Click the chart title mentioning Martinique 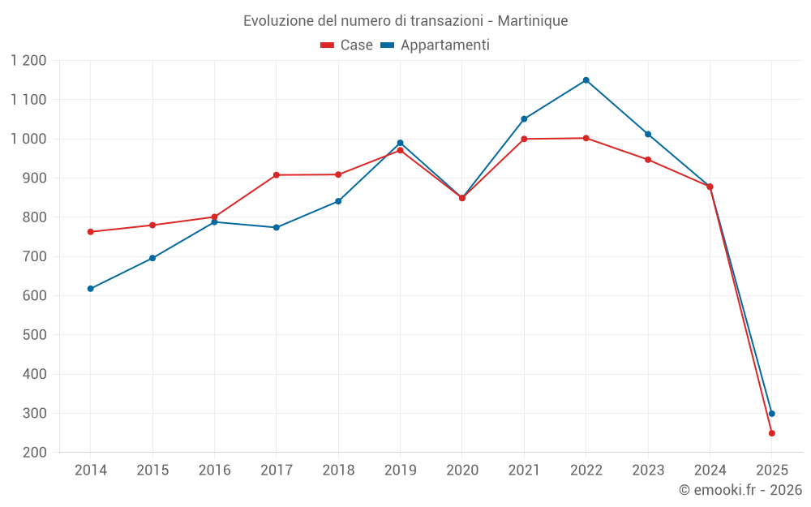pyautogui.click(x=405, y=20)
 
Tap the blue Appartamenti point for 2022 pyautogui.click(x=586, y=80)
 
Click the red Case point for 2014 pyautogui.click(x=90, y=232)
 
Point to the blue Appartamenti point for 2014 pyautogui.click(x=90, y=289)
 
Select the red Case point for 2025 pyautogui.click(x=771, y=433)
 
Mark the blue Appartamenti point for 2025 pyautogui.click(x=771, y=414)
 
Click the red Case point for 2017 pyautogui.click(x=276, y=175)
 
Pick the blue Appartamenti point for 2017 pyautogui.click(x=276, y=227)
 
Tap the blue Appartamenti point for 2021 pyautogui.click(x=524, y=119)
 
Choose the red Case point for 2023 pyautogui.click(x=648, y=160)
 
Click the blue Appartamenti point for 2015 pyautogui.click(x=152, y=258)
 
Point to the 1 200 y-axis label pyautogui.click(x=29, y=61)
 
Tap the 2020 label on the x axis pyautogui.click(x=462, y=470)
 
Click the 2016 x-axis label pyautogui.click(x=214, y=470)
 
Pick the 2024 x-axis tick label pyautogui.click(x=710, y=470)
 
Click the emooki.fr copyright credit pyautogui.click(x=740, y=490)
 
